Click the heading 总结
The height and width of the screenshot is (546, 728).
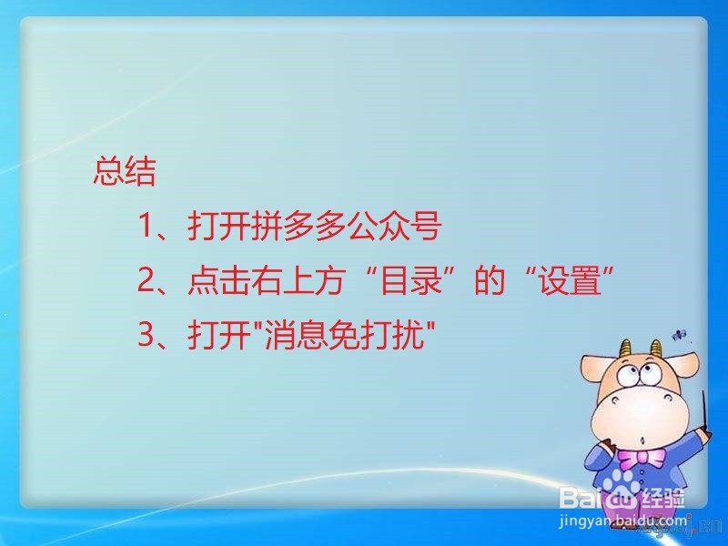click(x=125, y=172)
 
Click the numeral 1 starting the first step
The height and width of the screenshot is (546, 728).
click(x=147, y=225)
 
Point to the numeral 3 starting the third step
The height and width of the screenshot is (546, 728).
click(x=147, y=334)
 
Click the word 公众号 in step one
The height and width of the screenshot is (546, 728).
click(x=394, y=226)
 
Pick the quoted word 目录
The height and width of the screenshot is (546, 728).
click(x=410, y=280)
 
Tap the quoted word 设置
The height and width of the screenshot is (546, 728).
click(x=569, y=280)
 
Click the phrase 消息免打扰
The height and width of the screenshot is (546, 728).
click(x=344, y=334)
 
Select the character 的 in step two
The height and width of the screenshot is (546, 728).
click(x=490, y=280)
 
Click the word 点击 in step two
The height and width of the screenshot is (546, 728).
click(x=218, y=280)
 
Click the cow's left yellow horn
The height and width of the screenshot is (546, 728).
click(x=626, y=349)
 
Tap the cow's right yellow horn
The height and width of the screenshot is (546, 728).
click(x=656, y=348)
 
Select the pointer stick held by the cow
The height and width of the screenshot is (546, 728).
click(x=704, y=412)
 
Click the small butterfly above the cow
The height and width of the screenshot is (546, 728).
click(x=679, y=334)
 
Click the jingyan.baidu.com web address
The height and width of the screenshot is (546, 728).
click(x=623, y=521)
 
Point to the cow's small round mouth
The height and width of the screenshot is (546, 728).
click(x=642, y=440)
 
